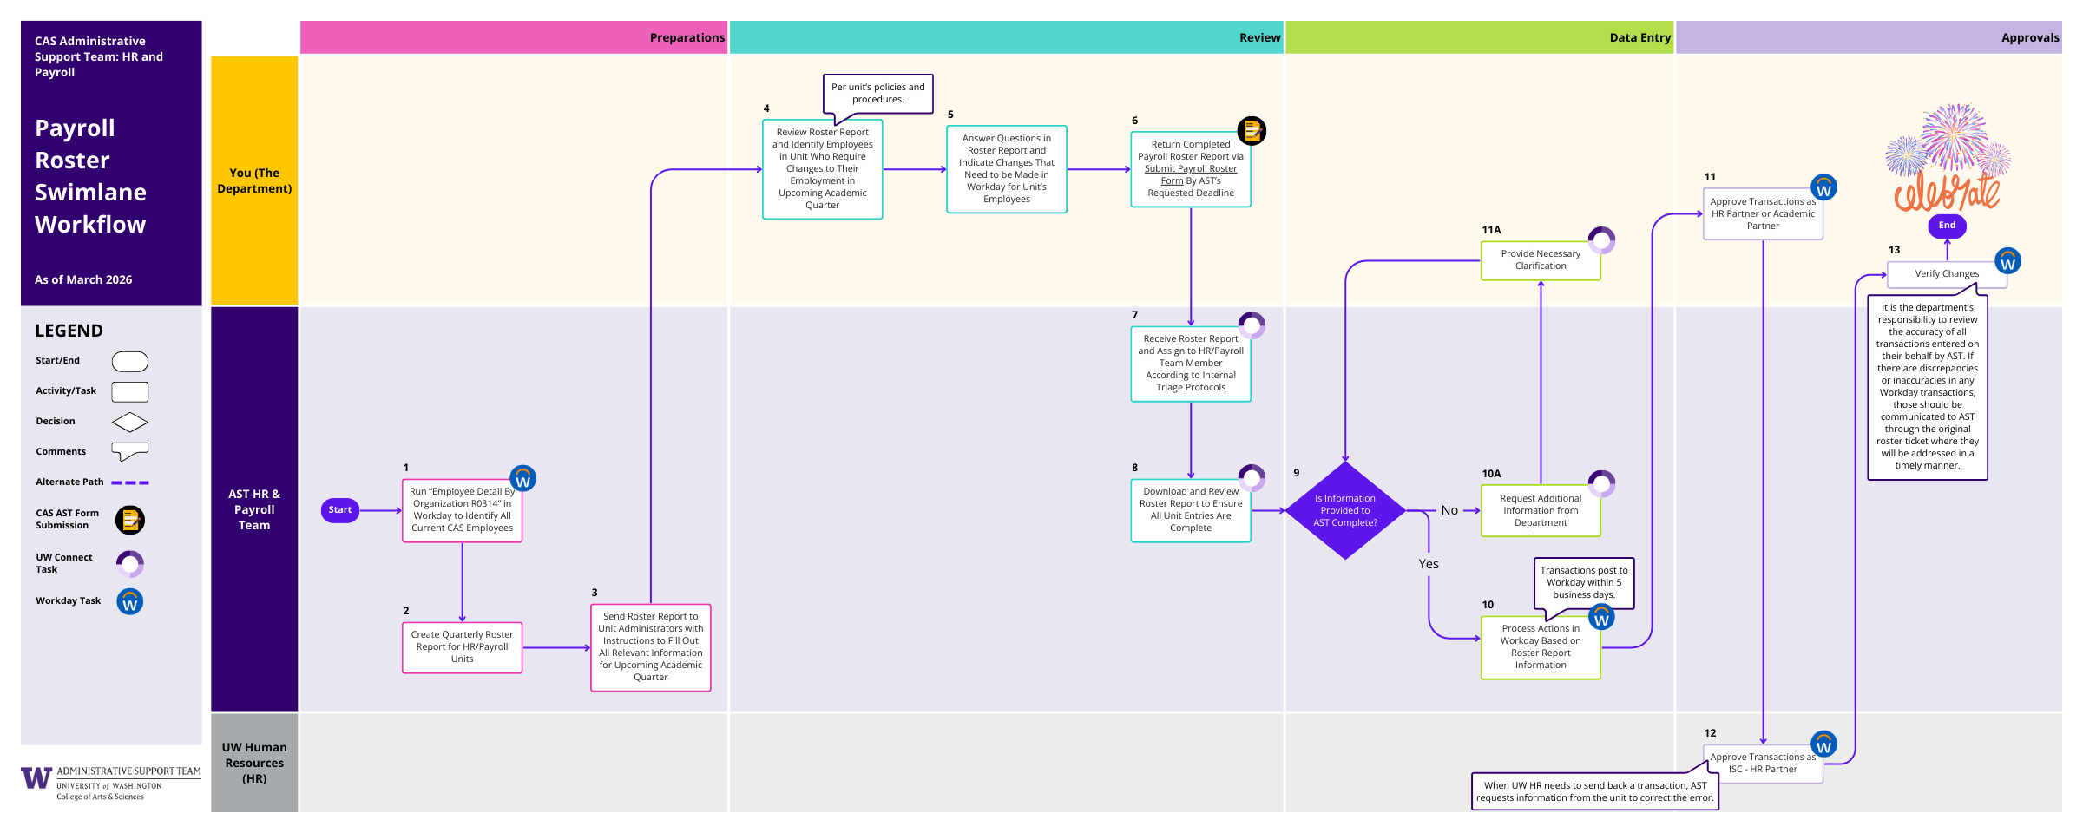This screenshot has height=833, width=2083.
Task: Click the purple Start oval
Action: pyautogui.click(x=339, y=510)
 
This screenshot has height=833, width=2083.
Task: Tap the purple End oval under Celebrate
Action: pyautogui.click(x=1947, y=226)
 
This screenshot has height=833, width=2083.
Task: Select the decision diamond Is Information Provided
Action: pyautogui.click(x=1344, y=510)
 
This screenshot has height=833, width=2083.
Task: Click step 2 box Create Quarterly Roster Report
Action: pyautogui.click(x=462, y=647)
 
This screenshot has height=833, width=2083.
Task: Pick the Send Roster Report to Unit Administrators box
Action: pyautogui.click(x=650, y=647)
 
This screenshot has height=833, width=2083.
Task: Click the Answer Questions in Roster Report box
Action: pyautogui.click(x=1006, y=169)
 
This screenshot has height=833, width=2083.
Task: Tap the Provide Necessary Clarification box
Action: pyautogui.click(x=1540, y=260)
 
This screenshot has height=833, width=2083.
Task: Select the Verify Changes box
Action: pyautogui.click(x=1946, y=274)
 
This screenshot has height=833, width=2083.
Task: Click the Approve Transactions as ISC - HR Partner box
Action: pyautogui.click(x=1762, y=764)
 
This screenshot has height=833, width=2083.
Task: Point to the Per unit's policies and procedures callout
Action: pyautogui.click(x=877, y=93)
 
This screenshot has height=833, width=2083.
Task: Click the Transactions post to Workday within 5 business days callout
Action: pyautogui.click(x=1583, y=582)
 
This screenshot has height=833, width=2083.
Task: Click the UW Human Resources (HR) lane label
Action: pyautogui.click(x=254, y=763)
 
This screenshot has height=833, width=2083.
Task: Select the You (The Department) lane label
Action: pyautogui.click(x=254, y=180)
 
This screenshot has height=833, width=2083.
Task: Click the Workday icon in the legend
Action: pyautogui.click(x=130, y=601)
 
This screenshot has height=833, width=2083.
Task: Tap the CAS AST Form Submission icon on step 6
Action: pyautogui.click(x=1251, y=131)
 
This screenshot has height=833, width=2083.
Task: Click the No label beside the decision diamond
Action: pyautogui.click(x=1449, y=510)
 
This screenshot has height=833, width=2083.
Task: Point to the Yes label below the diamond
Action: pyautogui.click(x=1428, y=564)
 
